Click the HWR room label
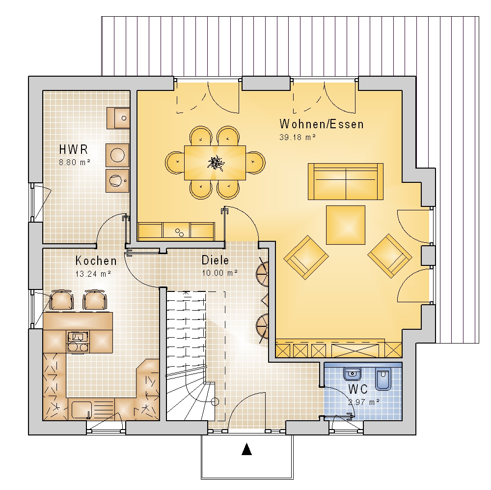[74, 149]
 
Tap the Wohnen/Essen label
[322, 124]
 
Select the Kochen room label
[96, 261]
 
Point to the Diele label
[215, 260]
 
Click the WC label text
[357, 389]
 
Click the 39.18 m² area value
[297, 137]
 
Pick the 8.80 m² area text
[75, 162]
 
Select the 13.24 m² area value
[93, 274]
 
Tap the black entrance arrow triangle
[247, 449]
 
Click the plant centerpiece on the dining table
[216, 163]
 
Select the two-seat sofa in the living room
[345, 181]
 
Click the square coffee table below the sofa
[345, 225]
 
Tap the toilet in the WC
[383, 379]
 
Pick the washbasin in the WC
[352, 374]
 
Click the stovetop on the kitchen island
[78, 342]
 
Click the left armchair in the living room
[306, 257]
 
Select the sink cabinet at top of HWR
[118, 118]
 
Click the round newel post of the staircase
[215, 402]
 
